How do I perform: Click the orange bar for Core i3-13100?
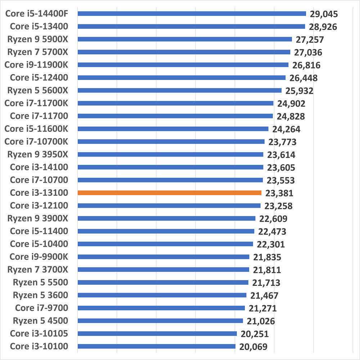pos(169,193)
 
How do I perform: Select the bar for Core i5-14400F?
pos(192,14)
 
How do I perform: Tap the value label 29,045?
pos(323,14)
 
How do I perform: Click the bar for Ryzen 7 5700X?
pos(184,52)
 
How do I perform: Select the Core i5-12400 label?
pos(39,77)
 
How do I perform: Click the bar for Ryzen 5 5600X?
pos(179,90)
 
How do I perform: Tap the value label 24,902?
pos(291,104)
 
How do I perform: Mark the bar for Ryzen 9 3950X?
pos(170,154)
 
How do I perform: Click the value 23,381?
pos(279,193)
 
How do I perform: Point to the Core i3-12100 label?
pos(39,206)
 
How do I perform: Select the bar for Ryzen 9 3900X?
pos(166,218)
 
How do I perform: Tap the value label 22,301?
pos(271,244)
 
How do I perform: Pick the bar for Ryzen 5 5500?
pos(163,282)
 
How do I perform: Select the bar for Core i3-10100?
pos(156,346)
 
